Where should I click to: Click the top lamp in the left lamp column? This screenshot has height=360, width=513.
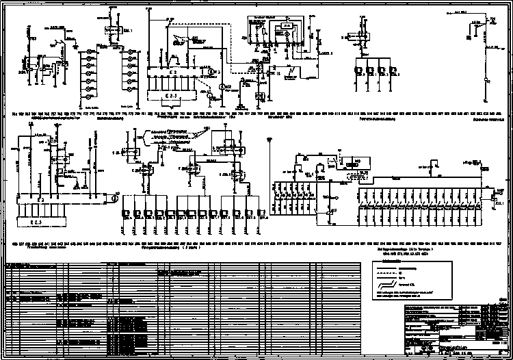pyautogui.click(x=92, y=53)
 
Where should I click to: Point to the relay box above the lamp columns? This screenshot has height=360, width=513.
pyautogui.click(x=110, y=31)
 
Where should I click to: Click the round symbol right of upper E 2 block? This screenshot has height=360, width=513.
pyautogui.click(x=220, y=71)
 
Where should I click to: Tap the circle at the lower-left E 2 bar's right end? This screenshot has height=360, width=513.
pyautogui.click(x=114, y=200)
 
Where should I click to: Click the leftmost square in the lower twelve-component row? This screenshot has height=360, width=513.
pyautogui.click(x=127, y=214)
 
